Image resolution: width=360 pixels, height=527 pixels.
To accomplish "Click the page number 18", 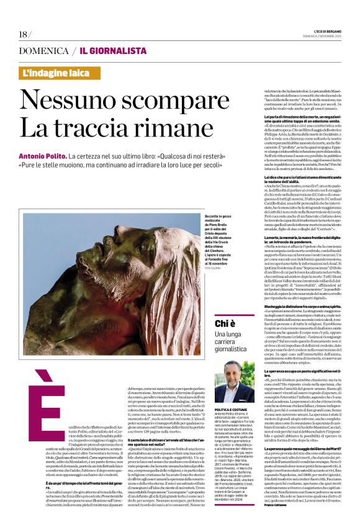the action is coord(24,34).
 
